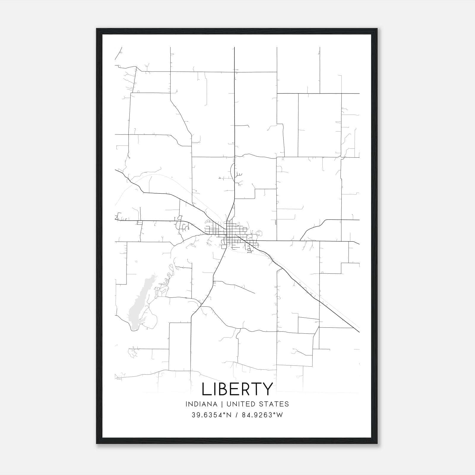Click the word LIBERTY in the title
tap(237, 389)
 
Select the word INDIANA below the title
tap(201, 404)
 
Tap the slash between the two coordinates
tap(236, 415)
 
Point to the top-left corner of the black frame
tap(97, 29)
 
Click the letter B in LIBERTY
tap(225, 389)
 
